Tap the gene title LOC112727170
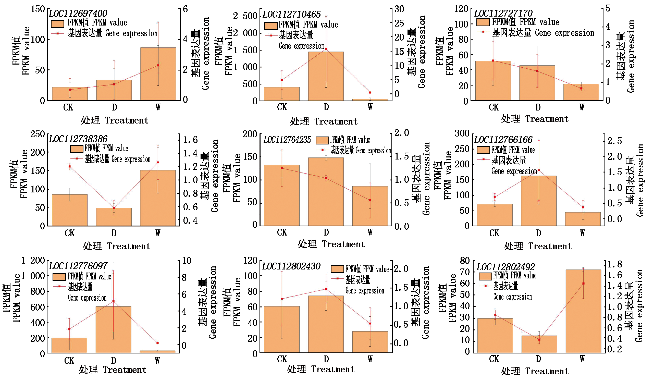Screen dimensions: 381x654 tap(503, 13)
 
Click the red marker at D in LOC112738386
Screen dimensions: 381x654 tap(114, 208)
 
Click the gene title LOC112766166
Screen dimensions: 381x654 tap(503, 140)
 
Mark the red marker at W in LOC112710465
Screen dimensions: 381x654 tap(370, 93)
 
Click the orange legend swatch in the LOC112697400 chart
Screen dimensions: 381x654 tap(58, 24)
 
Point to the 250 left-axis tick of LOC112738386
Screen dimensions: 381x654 tap(38, 134)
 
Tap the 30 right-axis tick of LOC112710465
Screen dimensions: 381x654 tap(399, 9)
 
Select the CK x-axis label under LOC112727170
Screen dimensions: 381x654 tap(493, 107)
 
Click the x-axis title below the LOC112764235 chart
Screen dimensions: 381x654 tap(331, 244)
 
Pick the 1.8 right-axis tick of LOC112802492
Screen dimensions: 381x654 tap(615, 264)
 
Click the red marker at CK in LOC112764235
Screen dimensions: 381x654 tap(282, 168)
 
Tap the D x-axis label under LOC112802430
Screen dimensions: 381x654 tap(326, 359)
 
